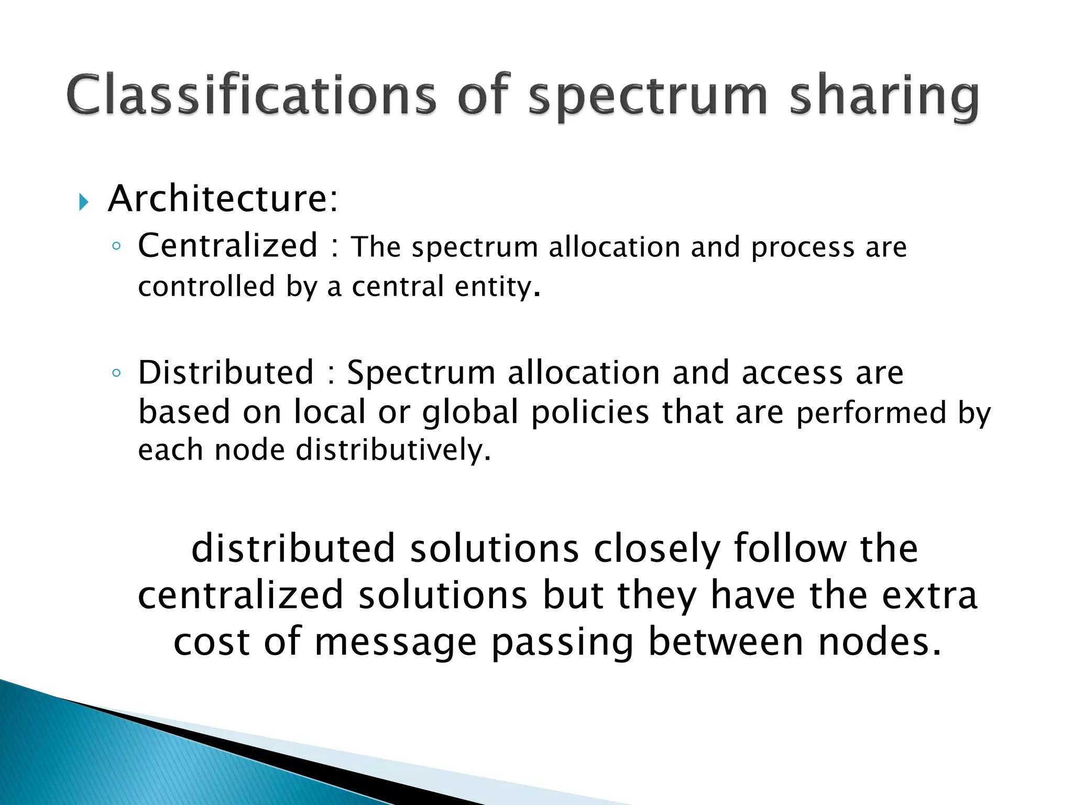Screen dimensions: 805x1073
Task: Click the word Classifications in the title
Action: [x=251, y=95]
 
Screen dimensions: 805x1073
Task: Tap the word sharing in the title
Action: [x=884, y=97]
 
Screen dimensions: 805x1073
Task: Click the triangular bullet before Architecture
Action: [x=84, y=202]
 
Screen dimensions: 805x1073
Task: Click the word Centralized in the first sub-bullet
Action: [x=227, y=245]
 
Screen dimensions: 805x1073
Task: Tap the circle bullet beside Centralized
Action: [x=116, y=246]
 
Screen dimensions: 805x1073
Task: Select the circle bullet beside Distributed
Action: [x=116, y=373]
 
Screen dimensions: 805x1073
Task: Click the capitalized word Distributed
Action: [x=226, y=373]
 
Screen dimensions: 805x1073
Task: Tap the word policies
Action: [x=590, y=412]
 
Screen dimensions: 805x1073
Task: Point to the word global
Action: [x=470, y=412]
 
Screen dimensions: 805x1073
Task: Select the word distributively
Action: [x=393, y=450]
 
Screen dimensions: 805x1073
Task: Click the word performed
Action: [x=871, y=413]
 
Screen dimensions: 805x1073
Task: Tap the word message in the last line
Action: [x=396, y=643]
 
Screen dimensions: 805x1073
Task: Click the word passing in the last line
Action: [x=562, y=643]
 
